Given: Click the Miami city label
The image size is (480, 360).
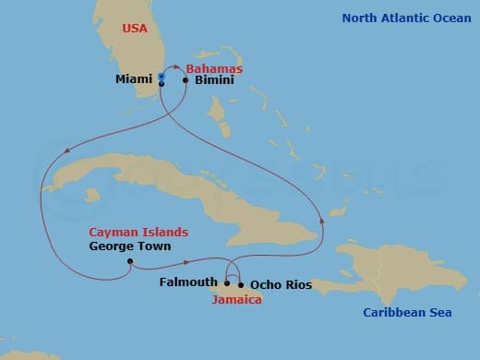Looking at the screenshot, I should click(x=134, y=79).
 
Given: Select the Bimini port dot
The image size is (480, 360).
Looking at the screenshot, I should click(x=186, y=80).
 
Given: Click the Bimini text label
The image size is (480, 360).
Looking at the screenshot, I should click(x=214, y=80).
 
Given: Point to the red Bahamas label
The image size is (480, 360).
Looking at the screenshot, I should click(x=214, y=68).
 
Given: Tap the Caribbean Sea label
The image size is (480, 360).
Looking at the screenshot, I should click(x=407, y=313).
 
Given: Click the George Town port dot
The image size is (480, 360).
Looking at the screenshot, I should click(x=130, y=261).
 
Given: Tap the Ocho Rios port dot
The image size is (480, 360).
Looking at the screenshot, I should click(x=241, y=285).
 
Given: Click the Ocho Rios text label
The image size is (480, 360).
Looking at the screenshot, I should click(x=281, y=285).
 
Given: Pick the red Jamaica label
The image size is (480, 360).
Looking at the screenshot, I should click(x=235, y=300).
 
